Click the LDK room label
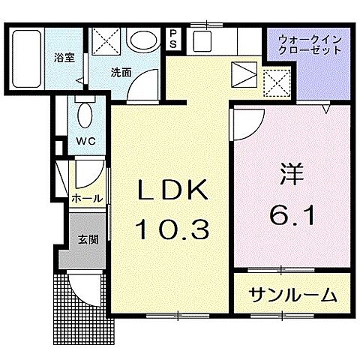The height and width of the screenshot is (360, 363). click(x=172, y=192)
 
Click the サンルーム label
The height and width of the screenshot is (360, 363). click(x=292, y=295)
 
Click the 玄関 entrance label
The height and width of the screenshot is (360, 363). click(x=86, y=240)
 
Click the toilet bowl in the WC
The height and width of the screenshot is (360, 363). click(x=85, y=117)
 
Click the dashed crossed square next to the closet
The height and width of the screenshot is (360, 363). click(x=277, y=78)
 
